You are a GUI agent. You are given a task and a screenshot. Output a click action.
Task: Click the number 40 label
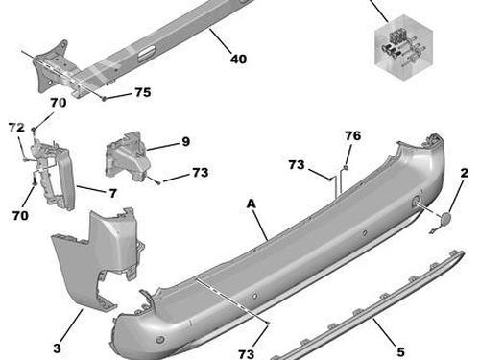(x=238, y=60)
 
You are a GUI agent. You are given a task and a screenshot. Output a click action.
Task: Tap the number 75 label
(x=142, y=93)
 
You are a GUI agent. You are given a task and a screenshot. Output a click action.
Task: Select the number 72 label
(x=15, y=127)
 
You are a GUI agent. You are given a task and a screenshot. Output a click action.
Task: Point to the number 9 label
(x=185, y=141)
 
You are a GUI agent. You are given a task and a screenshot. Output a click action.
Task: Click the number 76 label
(x=352, y=135)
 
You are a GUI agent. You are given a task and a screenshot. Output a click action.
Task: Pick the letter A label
(x=251, y=204)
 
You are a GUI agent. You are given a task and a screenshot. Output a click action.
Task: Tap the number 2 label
(x=465, y=173)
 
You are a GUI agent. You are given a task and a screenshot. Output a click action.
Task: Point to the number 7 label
(x=111, y=193)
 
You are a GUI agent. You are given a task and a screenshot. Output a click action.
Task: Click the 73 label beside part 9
(x=199, y=173)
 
